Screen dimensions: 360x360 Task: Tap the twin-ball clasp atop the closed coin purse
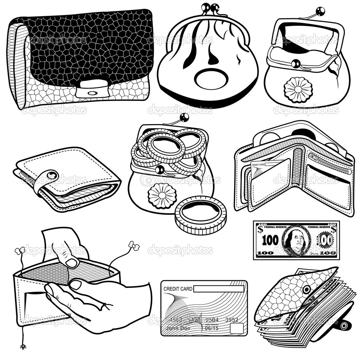210,8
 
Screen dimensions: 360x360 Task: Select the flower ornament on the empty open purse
298,90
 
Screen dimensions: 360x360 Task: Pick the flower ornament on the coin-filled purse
162,196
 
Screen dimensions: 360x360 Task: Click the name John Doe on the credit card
178,328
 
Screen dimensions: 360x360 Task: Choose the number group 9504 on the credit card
212,320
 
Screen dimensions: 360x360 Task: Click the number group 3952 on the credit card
231,320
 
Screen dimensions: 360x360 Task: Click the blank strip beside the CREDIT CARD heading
218,289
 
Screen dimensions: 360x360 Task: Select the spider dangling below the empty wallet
23,347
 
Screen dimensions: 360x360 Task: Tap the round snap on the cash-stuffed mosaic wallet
307,289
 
